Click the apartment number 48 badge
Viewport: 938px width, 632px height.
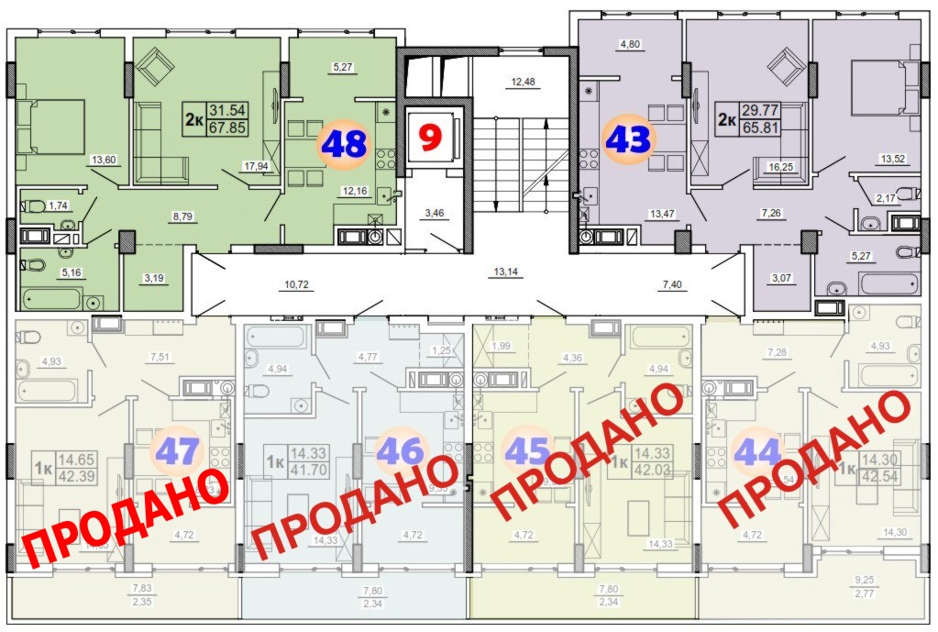343,145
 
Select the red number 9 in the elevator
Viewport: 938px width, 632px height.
427,138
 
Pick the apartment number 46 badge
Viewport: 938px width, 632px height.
401,450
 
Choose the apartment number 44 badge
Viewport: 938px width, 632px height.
756,450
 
